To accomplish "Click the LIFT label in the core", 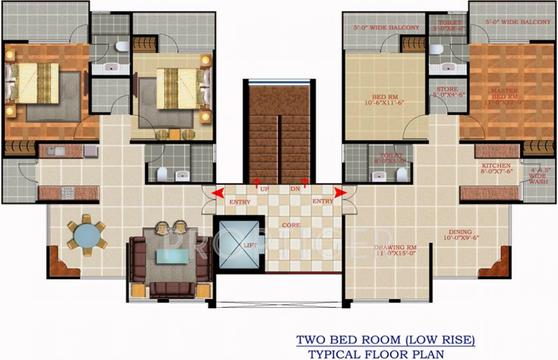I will [248, 245].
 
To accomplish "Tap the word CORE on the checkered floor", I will [291, 225].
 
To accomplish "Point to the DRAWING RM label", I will [395, 250].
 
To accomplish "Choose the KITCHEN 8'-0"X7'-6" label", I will [496, 168].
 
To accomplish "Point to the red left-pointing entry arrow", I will [217, 193].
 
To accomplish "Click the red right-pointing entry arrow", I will [340, 192].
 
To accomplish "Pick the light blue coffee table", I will [172, 256].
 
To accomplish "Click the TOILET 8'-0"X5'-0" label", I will [392, 158].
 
